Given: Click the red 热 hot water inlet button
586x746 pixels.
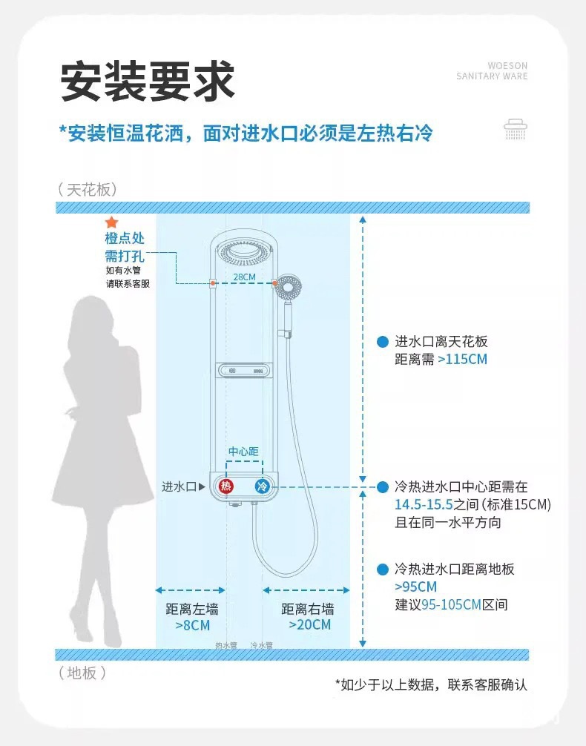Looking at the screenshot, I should pos(225,486).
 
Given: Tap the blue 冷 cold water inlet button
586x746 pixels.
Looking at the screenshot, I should pos(262,486).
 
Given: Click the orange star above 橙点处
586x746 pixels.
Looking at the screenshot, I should pos(111,222).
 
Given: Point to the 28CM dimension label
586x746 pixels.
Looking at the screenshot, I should pos(244,277).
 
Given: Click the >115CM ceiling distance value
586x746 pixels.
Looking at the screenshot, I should pos(463,360).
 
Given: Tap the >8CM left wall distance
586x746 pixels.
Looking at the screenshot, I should pos(191,625).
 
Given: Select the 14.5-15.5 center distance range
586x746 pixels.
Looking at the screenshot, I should pos(427,505).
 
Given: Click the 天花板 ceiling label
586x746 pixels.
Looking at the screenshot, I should pos(88,190).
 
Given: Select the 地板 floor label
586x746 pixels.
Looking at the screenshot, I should pos(82,673).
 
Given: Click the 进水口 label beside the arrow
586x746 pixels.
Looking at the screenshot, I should pos(180,486).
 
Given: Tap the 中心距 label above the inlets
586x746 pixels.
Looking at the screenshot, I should pos(243,452).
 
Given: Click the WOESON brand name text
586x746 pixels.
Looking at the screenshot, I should pos(507,66).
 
